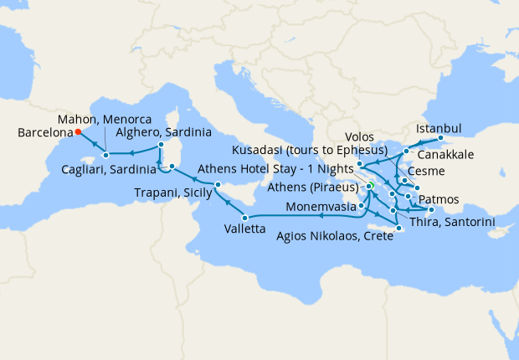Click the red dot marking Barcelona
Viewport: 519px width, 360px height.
pos(77,132)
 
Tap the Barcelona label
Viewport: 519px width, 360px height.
pos(44,132)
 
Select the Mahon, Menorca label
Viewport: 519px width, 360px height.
pos(104,119)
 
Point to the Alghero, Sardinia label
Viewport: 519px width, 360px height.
pos(164,132)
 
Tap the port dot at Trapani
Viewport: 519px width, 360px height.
pos(217,184)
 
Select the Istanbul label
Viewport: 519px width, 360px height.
pos(438,128)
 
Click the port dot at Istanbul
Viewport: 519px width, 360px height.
pos(440,138)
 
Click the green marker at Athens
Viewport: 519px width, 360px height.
pos(369,186)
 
